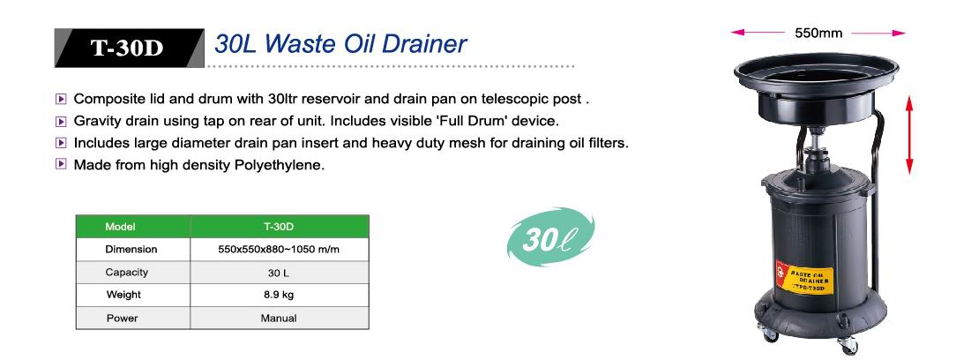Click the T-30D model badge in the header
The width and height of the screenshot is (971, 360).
(x=129, y=48)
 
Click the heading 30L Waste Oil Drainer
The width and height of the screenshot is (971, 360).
(x=340, y=44)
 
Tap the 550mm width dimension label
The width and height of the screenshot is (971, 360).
(x=818, y=34)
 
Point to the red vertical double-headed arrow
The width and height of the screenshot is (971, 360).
(x=909, y=135)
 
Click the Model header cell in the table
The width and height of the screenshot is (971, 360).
(x=132, y=226)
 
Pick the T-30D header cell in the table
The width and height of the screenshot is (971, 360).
(x=280, y=226)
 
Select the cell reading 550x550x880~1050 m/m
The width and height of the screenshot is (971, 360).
(x=280, y=249)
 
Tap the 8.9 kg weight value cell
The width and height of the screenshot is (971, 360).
(x=280, y=295)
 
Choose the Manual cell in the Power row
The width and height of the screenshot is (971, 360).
(x=280, y=318)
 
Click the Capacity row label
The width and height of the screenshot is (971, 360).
(x=127, y=272)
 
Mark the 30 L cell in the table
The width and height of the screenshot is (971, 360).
(x=280, y=272)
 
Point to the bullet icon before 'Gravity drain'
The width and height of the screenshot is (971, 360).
(x=61, y=121)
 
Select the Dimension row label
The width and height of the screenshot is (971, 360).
(x=131, y=249)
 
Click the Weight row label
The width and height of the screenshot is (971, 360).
(x=123, y=295)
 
